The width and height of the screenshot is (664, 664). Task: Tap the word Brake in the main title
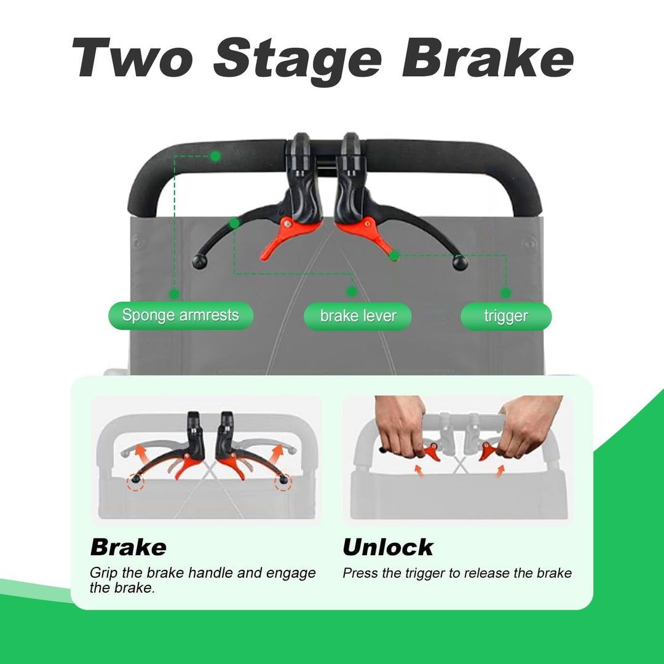point(488,57)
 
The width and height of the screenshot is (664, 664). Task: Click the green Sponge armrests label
point(181,315)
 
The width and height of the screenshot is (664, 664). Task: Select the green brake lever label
point(358,317)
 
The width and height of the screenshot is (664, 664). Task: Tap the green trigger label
point(506,317)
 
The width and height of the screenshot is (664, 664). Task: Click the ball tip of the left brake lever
point(199,262)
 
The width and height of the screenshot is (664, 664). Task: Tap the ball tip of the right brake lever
point(460,263)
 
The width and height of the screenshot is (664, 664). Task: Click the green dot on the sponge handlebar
point(215,156)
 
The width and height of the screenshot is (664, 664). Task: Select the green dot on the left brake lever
point(234,223)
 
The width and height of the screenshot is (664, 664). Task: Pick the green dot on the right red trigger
point(394,256)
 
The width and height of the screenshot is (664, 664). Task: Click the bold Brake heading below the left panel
point(128,547)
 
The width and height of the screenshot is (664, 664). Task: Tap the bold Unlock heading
point(388,547)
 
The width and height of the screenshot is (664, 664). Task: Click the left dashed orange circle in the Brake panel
point(135,482)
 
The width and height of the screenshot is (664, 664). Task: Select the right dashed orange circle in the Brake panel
point(283,482)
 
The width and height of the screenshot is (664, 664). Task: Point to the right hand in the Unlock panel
point(529,425)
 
